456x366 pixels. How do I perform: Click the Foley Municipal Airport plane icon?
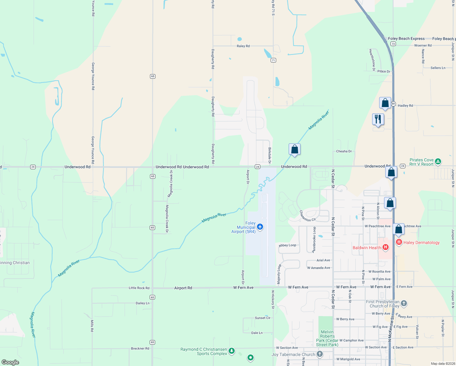(x=260, y=227)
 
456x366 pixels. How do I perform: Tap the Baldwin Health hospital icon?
(x=386, y=247)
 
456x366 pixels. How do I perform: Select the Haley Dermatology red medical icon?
(x=399, y=242)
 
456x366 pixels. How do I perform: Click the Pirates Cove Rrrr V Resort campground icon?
(x=438, y=162)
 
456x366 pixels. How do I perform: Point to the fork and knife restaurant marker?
(x=378, y=119)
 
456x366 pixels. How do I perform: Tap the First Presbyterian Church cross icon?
(x=404, y=303)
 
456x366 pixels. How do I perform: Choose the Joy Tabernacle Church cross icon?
(x=319, y=354)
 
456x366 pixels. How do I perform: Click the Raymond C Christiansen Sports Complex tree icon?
(x=232, y=351)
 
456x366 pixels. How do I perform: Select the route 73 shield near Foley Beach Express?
(x=393, y=44)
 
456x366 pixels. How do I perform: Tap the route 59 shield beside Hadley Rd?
(x=393, y=104)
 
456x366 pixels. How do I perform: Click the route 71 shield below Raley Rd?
(x=273, y=60)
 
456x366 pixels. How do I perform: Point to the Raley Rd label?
(x=243, y=46)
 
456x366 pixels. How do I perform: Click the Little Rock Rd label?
(x=139, y=288)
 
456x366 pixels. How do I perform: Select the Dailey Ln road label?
(x=142, y=303)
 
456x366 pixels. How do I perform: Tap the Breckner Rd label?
(x=140, y=348)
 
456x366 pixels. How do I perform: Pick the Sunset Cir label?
(x=262, y=318)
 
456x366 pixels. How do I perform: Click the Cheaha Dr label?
(x=344, y=151)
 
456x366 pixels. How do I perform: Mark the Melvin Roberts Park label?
(x=327, y=338)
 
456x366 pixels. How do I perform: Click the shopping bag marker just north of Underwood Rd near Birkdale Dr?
(x=294, y=149)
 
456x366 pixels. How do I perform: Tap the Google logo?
(x=10, y=362)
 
